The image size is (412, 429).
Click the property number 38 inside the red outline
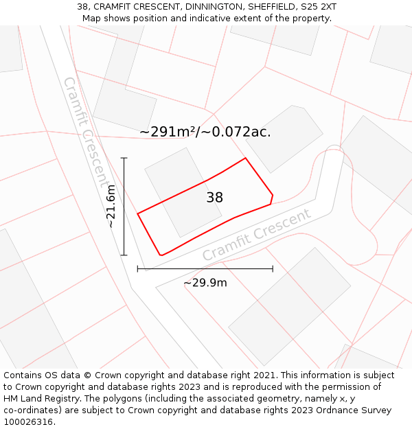[x=214, y=198]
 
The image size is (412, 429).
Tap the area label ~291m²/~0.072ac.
[x=205, y=132]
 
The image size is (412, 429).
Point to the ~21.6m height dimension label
[x=111, y=206]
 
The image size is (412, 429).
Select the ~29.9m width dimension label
[x=205, y=282]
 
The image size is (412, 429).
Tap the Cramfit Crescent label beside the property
[x=256, y=235]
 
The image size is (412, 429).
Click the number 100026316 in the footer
[x=27, y=422]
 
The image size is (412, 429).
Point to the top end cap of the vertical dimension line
[x=124, y=158]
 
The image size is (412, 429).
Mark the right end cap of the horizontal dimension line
[x=273, y=268]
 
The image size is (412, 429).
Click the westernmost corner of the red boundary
[x=138, y=213]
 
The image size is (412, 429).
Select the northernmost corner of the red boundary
[x=245, y=158]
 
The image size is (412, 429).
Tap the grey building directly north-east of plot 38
[x=284, y=139]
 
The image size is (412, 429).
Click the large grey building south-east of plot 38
[x=288, y=305]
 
